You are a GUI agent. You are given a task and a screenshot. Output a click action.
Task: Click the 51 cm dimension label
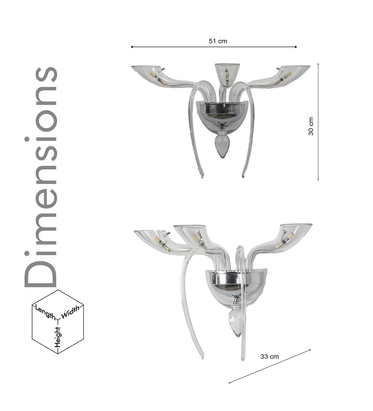tap(218, 41)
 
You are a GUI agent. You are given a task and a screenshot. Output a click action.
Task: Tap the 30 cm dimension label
tap(311, 126)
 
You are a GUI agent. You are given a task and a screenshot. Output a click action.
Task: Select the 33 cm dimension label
tap(270, 356)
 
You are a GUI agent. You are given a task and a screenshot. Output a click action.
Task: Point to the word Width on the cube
tap(70, 312)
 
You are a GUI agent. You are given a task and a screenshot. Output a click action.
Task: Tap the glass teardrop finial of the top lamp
tap(222, 147)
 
